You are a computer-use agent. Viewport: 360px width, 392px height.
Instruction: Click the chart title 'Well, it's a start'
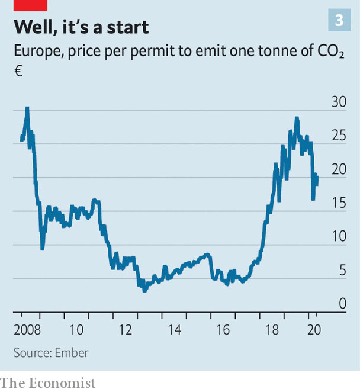click(x=81, y=27)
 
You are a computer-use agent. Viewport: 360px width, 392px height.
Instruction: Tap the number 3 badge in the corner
click(x=339, y=21)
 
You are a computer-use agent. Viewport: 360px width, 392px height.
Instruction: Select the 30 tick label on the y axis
click(x=338, y=102)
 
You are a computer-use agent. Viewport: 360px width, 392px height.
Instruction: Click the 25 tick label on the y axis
click(x=338, y=136)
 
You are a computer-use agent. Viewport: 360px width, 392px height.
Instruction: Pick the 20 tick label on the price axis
click(x=338, y=169)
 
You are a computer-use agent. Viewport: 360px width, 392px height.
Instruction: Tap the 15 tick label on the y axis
click(x=338, y=203)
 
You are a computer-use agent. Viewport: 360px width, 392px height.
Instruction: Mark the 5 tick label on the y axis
click(x=342, y=271)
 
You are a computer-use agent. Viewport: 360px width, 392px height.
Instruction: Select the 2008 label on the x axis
click(x=27, y=329)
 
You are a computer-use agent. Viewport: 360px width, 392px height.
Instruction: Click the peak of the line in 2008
click(x=27, y=108)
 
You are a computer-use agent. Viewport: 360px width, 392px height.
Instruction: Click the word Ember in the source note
click(x=72, y=353)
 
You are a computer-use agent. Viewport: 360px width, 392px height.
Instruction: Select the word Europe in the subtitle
click(x=37, y=52)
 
